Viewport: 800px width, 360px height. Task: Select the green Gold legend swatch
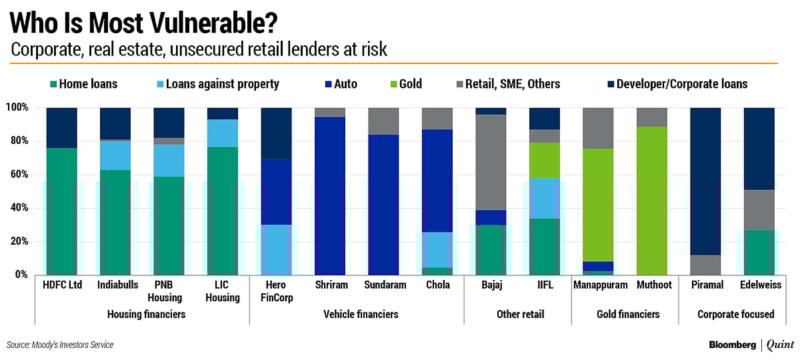point(393,84)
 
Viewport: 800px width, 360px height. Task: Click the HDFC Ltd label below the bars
point(61,285)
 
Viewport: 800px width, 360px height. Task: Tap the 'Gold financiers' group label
point(625,314)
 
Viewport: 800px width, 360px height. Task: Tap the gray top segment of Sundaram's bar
point(383,121)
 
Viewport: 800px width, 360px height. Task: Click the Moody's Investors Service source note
point(60,345)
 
